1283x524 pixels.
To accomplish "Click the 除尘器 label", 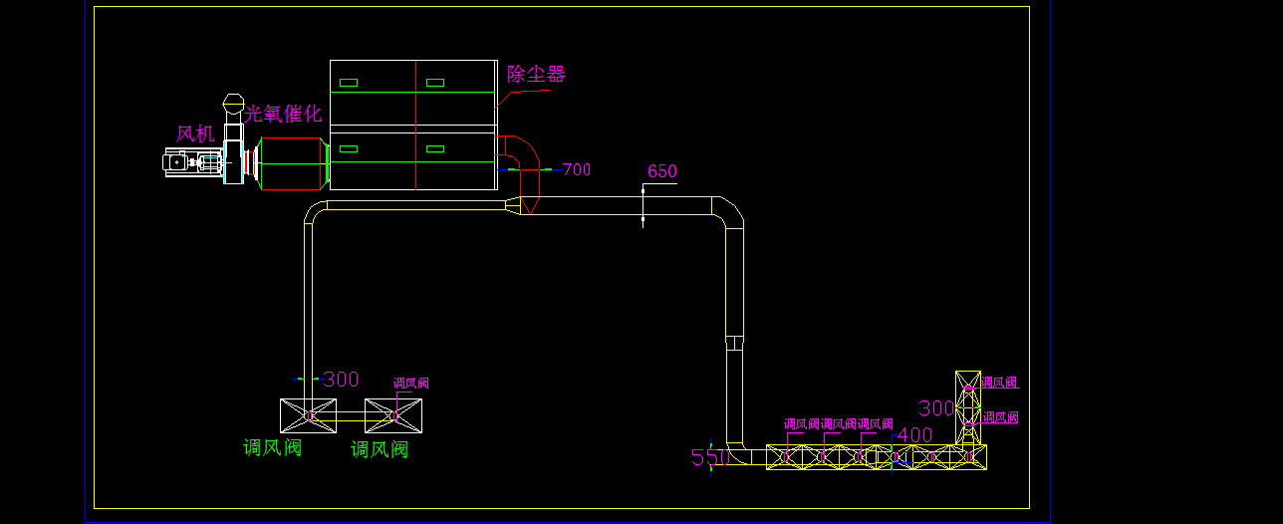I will pyautogui.click(x=536, y=74).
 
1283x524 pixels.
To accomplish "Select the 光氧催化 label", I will pyautogui.click(x=284, y=114).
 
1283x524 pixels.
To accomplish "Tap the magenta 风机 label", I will pyautogui.click(x=195, y=133).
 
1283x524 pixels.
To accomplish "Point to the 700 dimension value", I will pyautogui.click(x=577, y=169).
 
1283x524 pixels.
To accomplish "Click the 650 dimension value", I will pyautogui.click(x=662, y=171).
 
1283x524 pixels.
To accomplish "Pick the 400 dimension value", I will pyautogui.click(x=914, y=434).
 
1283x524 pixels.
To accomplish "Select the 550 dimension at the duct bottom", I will pyautogui.click(x=708, y=457).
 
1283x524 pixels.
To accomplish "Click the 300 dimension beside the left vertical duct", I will pyautogui.click(x=341, y=380).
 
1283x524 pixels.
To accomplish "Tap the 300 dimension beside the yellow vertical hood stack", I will pyautogui.click(x=936, y=408).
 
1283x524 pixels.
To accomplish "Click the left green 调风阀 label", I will pyautogui.click(x=272, y=448).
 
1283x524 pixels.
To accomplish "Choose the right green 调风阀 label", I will pyautogui.click(x=380, y=450).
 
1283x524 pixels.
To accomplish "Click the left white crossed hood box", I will pyautogui.click(x=308, y=415).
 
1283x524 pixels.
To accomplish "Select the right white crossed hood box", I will pyautogui.click(x=393, y=415).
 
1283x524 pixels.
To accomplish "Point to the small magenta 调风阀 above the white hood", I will pyautogui.click(x=411, y=383).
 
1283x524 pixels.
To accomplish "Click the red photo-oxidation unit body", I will pyautogui.click(x=295, y=163).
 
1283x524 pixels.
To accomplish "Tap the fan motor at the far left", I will pyautogui.click(x=189, y=162).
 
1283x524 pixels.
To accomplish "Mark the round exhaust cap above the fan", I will pyautogui.click(x=233, y=102).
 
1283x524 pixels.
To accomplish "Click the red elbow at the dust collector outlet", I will pyautogui.click(x=521, y=151).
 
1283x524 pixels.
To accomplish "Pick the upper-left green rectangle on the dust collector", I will pyautogui.click(x=349, y=82).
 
